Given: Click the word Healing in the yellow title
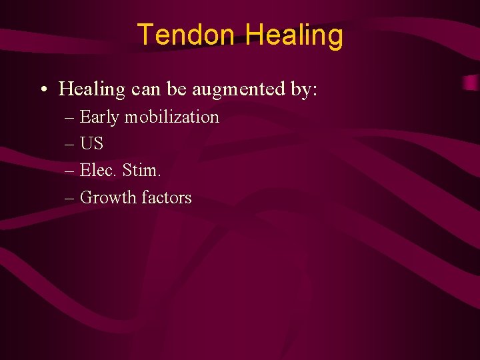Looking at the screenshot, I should tap(294, 36).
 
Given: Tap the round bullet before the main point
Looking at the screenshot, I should tap(42, 90).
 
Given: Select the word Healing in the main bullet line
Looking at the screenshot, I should tap(91, 89).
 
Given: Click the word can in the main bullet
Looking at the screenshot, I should tap(146, 89).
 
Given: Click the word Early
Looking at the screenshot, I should tap(99, 117).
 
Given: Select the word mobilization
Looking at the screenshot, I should tap(171, 117).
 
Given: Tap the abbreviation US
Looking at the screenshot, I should tap(91, 144).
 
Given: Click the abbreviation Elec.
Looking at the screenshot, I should tap(99, 171).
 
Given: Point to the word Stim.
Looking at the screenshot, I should tap(142, 171).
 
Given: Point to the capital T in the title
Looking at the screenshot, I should tap(144, 35).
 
